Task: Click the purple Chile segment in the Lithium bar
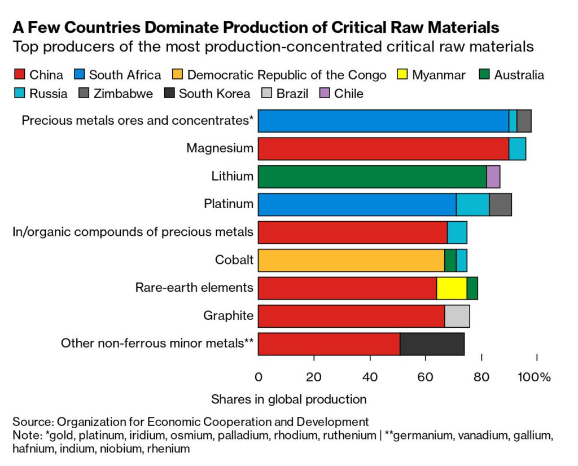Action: [x=493, y=177]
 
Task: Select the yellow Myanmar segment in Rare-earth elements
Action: [x=452, y=288]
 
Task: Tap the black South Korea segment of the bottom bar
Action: [x=432, y=344]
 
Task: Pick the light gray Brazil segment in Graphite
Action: [x=457, y=315]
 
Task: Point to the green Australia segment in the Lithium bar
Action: [x=372, y=177]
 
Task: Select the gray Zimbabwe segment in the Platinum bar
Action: [x=500, y=204]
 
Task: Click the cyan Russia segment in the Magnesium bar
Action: [x=517, y=149]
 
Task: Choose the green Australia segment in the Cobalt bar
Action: [x=450, y=260]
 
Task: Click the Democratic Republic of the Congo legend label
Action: [x=287, y=75]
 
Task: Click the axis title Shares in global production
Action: [x=288, y=399]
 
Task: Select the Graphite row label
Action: [x=228, y=315]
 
